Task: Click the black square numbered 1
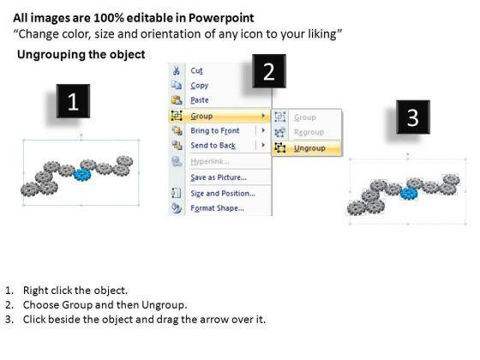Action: point(73,101)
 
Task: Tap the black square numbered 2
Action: point(269,71)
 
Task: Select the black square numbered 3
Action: point(413,117)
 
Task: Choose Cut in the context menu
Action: point(196,70)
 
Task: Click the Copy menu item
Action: point(199,86)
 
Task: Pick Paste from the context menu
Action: point(200,100)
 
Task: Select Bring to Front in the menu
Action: point(215,130)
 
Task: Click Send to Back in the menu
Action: point(213,146)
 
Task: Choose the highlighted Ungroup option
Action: point(309,148)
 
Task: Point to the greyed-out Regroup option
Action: point(309,132)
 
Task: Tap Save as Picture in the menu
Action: point(219,177)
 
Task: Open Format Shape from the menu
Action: point(218,208)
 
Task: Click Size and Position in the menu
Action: point(223,194)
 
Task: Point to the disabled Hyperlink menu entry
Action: point(210,161)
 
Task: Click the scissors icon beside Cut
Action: point(177,70)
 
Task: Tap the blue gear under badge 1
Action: point(82,175)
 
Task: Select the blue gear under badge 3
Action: point(409,194)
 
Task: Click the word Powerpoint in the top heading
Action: point(221,18)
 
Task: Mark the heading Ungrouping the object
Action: point(81,55)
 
